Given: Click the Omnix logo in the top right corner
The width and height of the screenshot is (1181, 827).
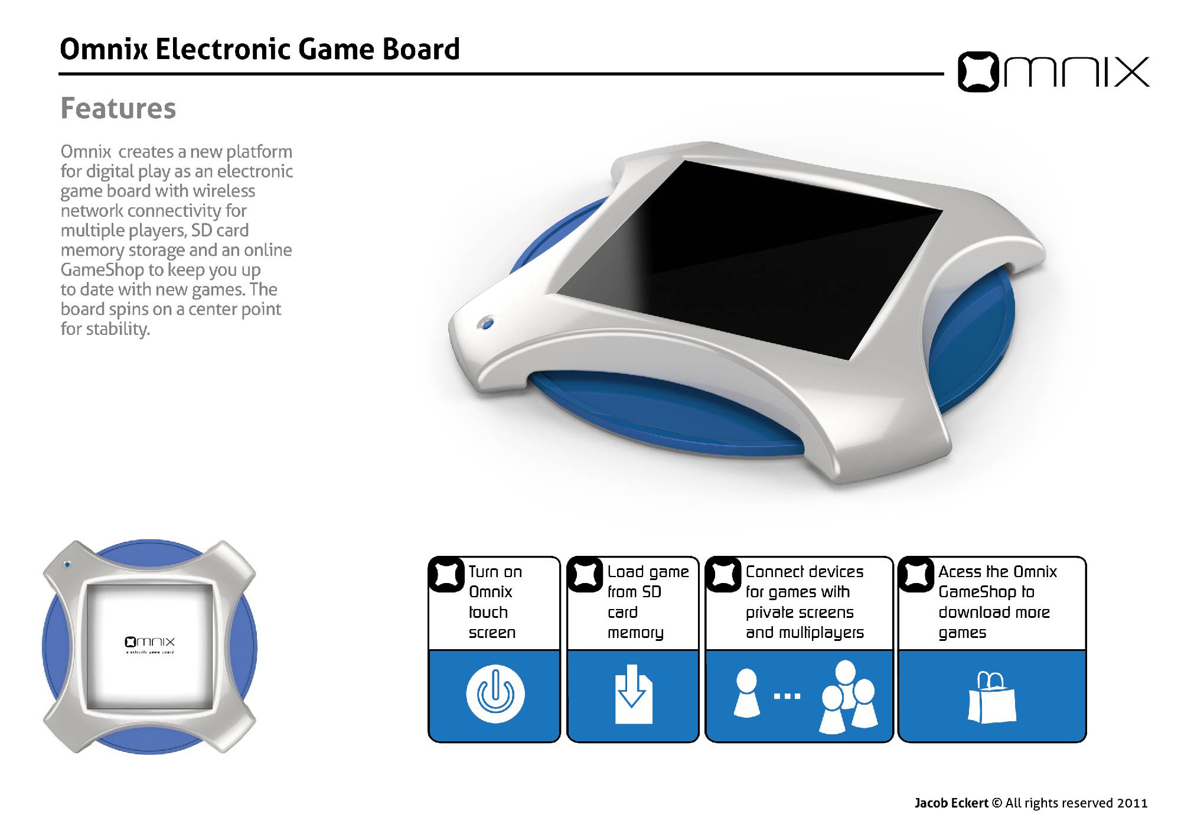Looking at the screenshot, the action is (x=1053, y=72).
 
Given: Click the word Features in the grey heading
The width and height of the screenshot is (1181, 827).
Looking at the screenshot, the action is (x=118, y=109).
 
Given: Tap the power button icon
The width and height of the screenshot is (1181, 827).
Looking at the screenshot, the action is (x=495, y=694).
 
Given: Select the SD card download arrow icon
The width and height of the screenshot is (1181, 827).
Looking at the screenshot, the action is (x=634, y=694).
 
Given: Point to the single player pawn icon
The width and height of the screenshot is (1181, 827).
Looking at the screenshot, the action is (x=747, y=693).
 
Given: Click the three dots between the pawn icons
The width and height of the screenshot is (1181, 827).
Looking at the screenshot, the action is (x=787, y=696).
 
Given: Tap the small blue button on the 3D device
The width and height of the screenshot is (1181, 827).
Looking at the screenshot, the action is (x=486, y=323).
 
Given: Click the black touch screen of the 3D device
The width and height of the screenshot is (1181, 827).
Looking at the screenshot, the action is (x=750, y=260).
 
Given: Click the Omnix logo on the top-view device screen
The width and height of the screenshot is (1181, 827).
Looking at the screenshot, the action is (x=150, y=642).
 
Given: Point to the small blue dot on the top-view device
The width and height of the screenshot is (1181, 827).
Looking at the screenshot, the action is (x=67, y=564).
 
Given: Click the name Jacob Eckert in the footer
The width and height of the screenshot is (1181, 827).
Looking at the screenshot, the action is (x=951, y=803).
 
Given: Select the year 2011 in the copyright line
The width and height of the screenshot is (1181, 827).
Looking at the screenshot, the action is (x=1132, y=803).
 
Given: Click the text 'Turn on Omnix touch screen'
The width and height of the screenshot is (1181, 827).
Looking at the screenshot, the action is (x=495, y=602).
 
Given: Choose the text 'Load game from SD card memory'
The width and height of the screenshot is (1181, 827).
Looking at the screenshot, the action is (x=648, y=602).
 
